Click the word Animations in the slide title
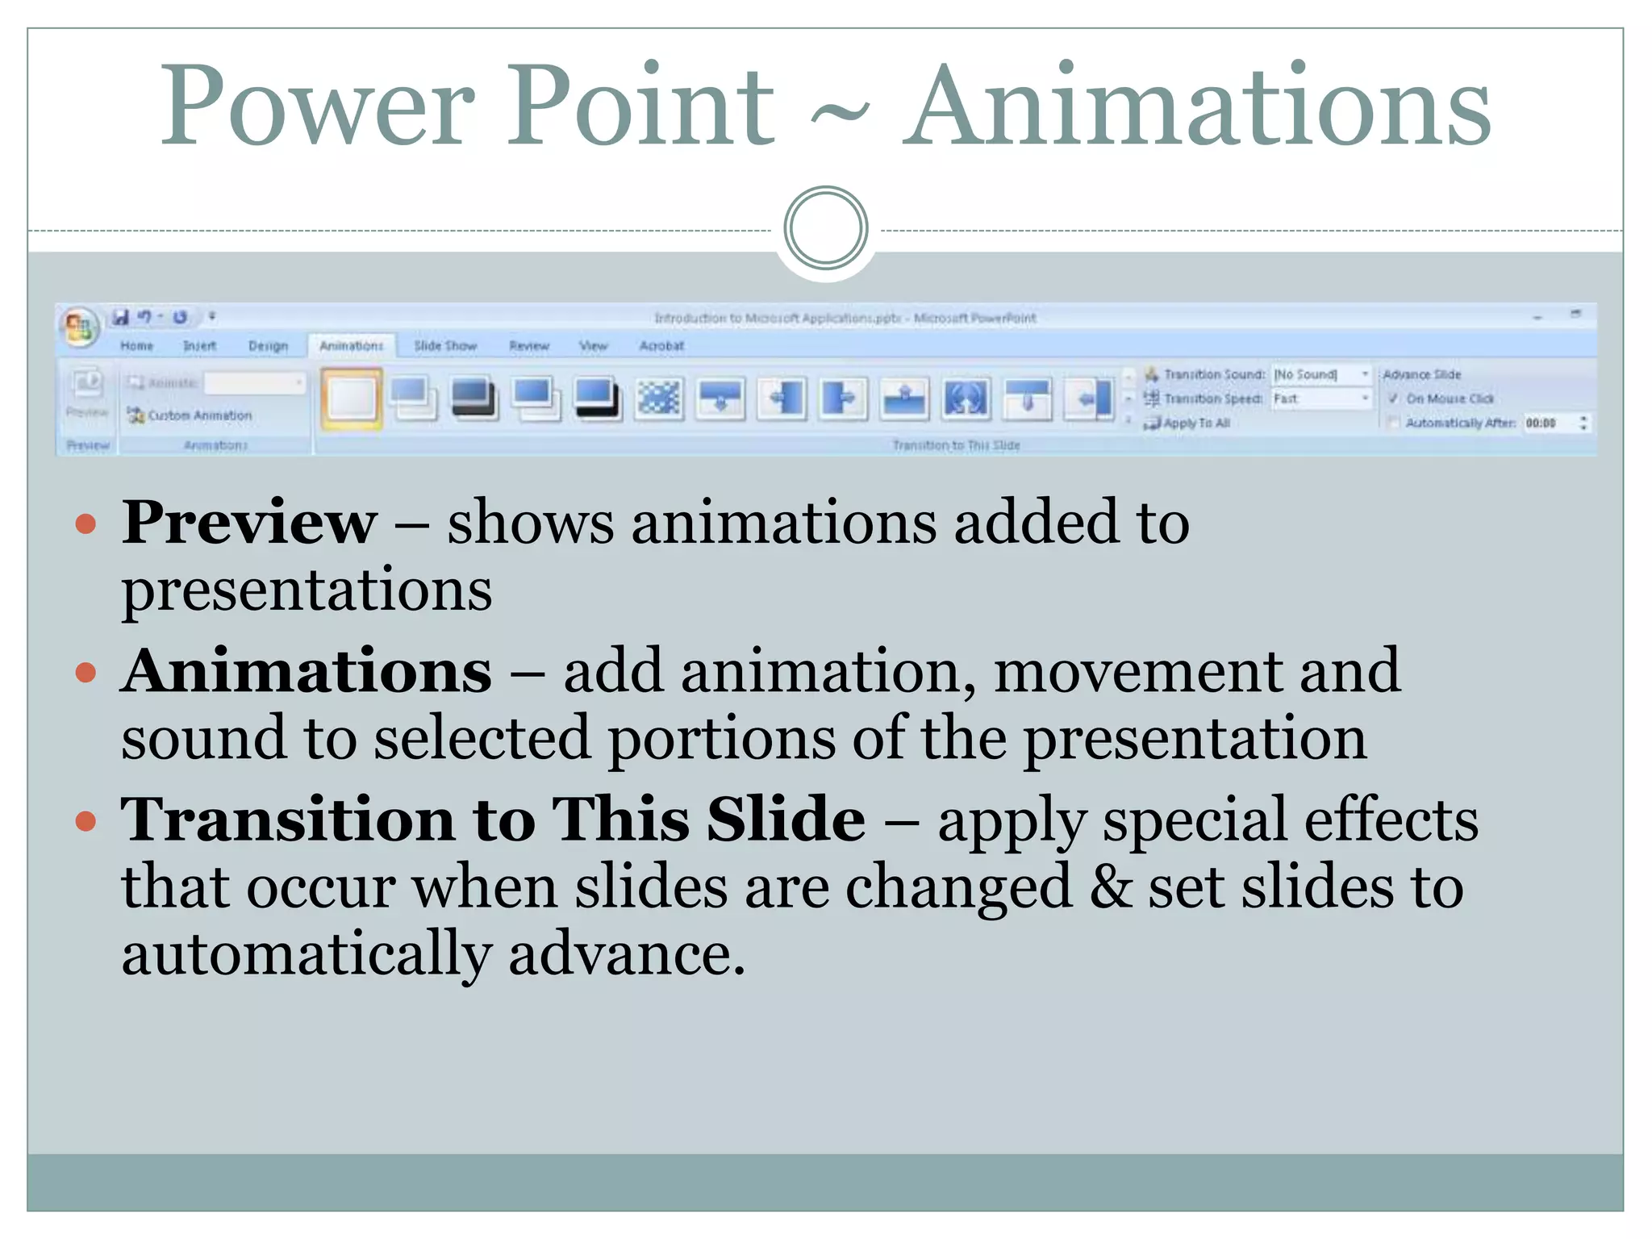click(1196, 107)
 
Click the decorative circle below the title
click(825, 228)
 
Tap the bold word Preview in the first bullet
click(249, 523)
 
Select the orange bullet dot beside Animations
click(86, 673)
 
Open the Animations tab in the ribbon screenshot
click(351, 346)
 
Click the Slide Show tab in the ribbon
click(445, 346)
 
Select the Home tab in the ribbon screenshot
click(136, 346)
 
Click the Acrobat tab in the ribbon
click(661, 346)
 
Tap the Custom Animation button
click(190, 415)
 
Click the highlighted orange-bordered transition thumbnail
click(352, 398)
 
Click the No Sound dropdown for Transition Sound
click(1321, 374)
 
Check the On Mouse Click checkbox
click(1393, 398)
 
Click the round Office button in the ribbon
click(79, 327)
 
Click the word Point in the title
click(640, 107)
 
